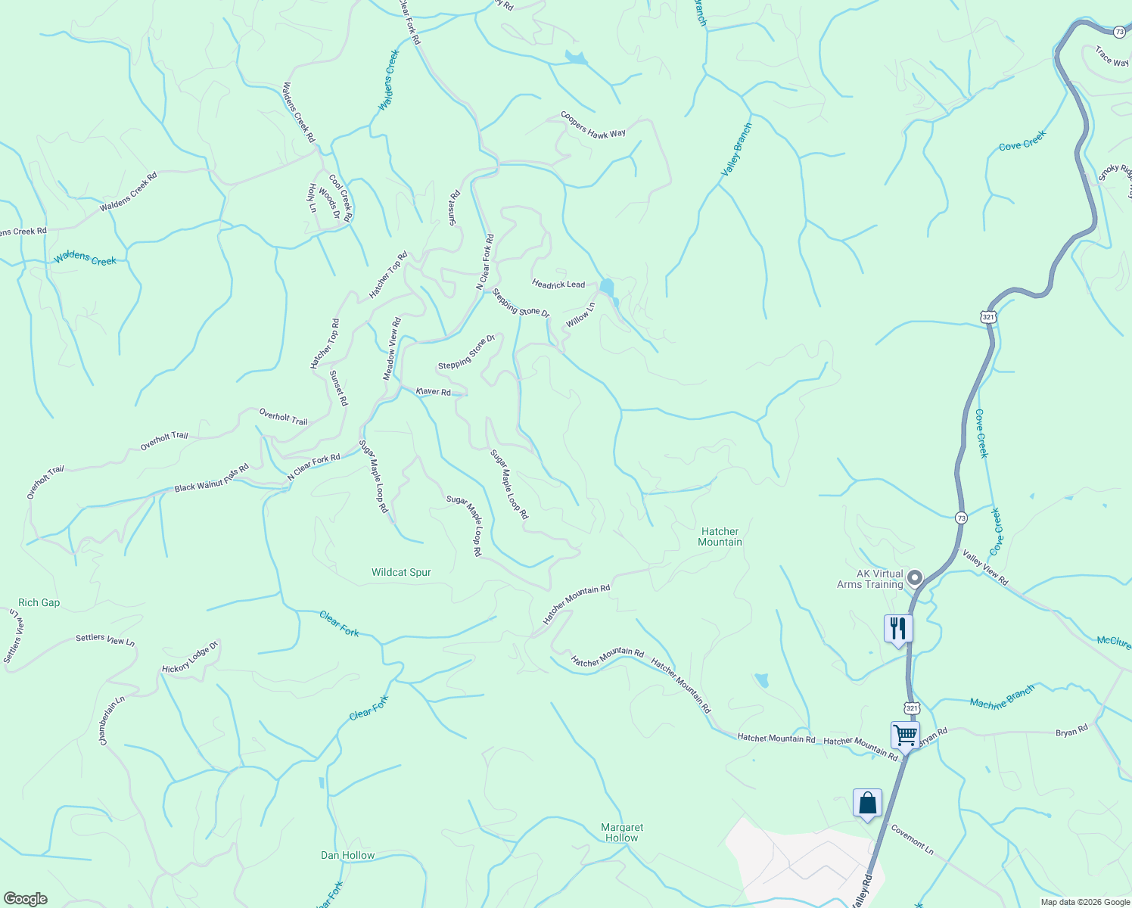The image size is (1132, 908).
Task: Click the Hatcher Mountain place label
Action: tap(720, 536)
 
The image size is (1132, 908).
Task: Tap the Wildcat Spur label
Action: tap(401, 573)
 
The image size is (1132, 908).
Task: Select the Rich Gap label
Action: tap(39, 603)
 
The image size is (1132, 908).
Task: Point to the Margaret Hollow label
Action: tap(622, 832)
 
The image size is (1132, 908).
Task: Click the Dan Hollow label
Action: tap(347, 855)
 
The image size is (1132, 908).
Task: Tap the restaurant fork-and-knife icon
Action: tap(898, 629)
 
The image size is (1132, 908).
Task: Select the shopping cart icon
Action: tap(905, 734)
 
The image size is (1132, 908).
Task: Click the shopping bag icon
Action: tap(867, 803)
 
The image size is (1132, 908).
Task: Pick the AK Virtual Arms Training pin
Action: tap(915, 579)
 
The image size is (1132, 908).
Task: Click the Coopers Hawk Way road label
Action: tap(593, 125)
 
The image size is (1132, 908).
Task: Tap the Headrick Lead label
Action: tap(558, 285)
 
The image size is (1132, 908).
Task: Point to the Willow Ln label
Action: tap(581, 315)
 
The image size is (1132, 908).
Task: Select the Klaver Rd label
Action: tap(434, 391)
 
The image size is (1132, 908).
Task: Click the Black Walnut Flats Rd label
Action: tap(212, 479)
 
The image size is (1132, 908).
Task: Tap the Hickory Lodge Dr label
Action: tap(190, 658)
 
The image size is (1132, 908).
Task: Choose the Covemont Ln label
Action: tap(912, 839)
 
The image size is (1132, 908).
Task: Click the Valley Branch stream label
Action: tap(736, 150)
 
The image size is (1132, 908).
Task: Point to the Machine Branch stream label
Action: tap(1002, 698)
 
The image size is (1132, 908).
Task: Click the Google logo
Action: tap(25, 899)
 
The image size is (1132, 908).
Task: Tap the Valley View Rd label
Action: tap(985, 567)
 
